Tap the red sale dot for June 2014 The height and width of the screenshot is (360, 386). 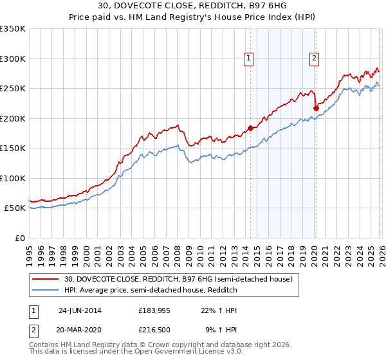[250, 127]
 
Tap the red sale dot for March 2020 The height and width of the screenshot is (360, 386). [315, 109]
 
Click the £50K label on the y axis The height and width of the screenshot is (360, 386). [15, 208]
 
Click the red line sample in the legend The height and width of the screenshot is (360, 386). [47, 279]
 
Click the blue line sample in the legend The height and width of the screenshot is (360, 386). [47, 291]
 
